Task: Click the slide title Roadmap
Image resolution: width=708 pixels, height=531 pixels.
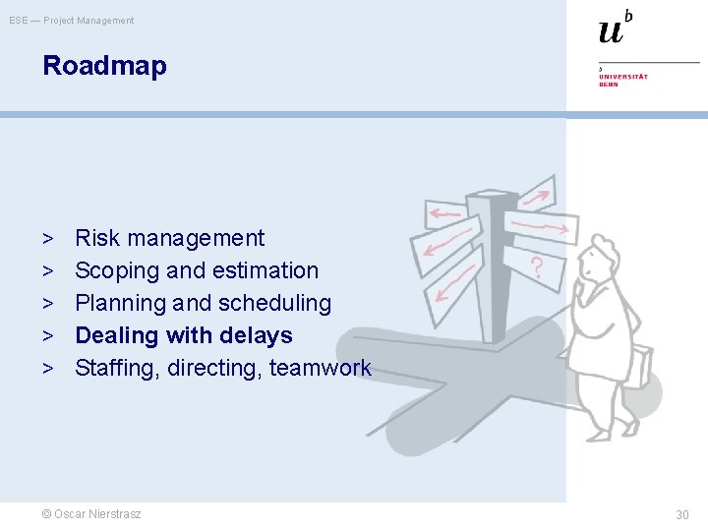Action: point(104,67)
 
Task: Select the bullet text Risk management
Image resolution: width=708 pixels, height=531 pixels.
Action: point(169,238)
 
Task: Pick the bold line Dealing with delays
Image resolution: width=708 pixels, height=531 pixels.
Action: point(184,335)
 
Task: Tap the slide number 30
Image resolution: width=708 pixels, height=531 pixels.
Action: point(681,514)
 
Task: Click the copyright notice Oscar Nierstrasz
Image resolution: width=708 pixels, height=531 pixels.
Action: point(90,514)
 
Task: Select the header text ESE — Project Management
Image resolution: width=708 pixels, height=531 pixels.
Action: point(72,21)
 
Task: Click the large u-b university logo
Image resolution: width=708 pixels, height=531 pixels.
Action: point(615,28)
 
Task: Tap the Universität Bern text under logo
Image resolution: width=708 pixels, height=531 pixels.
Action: point(623,80)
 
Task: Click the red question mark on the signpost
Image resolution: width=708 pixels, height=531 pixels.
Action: point(537,265)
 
